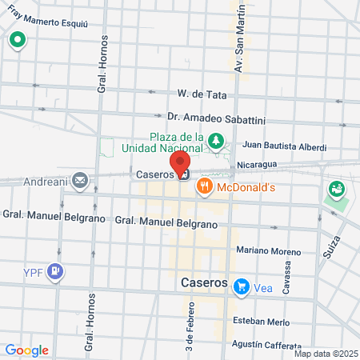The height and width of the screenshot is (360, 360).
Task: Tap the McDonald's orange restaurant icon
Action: tap(205, 187)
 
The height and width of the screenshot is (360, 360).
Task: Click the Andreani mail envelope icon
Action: tap(80, 180)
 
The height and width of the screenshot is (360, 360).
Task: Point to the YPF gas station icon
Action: tap(54, 271)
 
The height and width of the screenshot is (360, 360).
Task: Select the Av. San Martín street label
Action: tap(238, 46)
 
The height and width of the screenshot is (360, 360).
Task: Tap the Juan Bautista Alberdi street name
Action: tap(284, 146)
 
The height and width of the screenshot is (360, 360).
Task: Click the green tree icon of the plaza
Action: tap(214, 142)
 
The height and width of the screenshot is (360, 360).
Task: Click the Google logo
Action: tap(26, 350)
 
